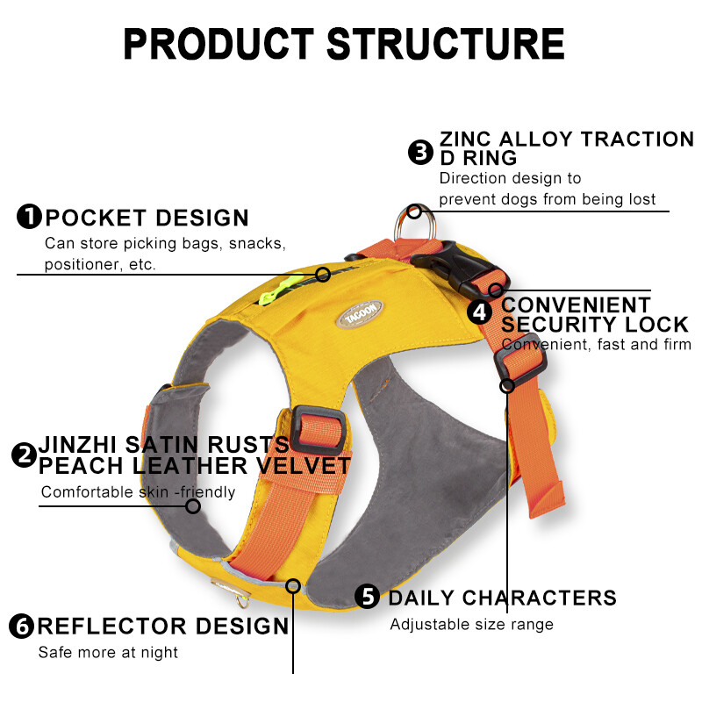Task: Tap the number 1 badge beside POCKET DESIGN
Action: pos(29,217)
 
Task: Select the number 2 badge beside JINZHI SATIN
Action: pos(24,455)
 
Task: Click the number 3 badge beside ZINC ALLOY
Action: pos(421,152)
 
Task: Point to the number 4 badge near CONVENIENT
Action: pos(479,312)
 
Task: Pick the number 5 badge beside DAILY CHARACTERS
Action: pos(368,597)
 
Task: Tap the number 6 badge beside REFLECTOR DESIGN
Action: pos(22,626)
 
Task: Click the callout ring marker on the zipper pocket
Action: pos(323,275)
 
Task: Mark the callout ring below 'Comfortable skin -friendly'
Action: pos(193,505)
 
